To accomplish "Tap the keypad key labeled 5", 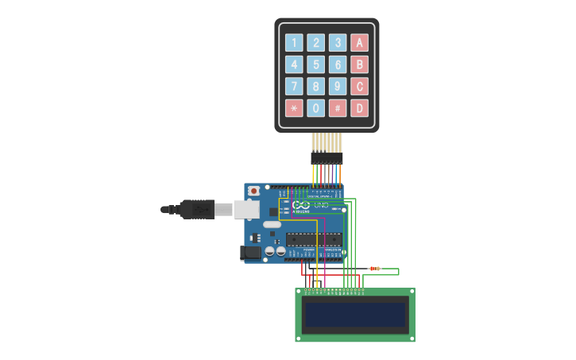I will pos(316,64).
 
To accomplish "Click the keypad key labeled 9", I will pos(338,86).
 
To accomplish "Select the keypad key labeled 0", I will pos(316,107).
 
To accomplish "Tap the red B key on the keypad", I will pos(359,64).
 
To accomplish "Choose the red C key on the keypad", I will pos(359,86).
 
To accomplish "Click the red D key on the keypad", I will pos(359,107).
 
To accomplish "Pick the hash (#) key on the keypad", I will pos(338,107).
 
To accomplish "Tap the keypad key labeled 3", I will pos(338,43).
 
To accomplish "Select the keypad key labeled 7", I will pos(295,86).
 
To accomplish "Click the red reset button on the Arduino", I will pos(253,191).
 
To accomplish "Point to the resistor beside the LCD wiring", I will pos(374,269).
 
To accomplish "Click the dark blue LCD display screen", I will pos(355,315).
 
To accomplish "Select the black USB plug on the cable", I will pos(195,210).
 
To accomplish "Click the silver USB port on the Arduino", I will pos(246,210).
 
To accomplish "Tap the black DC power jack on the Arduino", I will pos(250,252).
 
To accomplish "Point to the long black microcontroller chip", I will pos(314,238).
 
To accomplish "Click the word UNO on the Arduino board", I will pos(321,205).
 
